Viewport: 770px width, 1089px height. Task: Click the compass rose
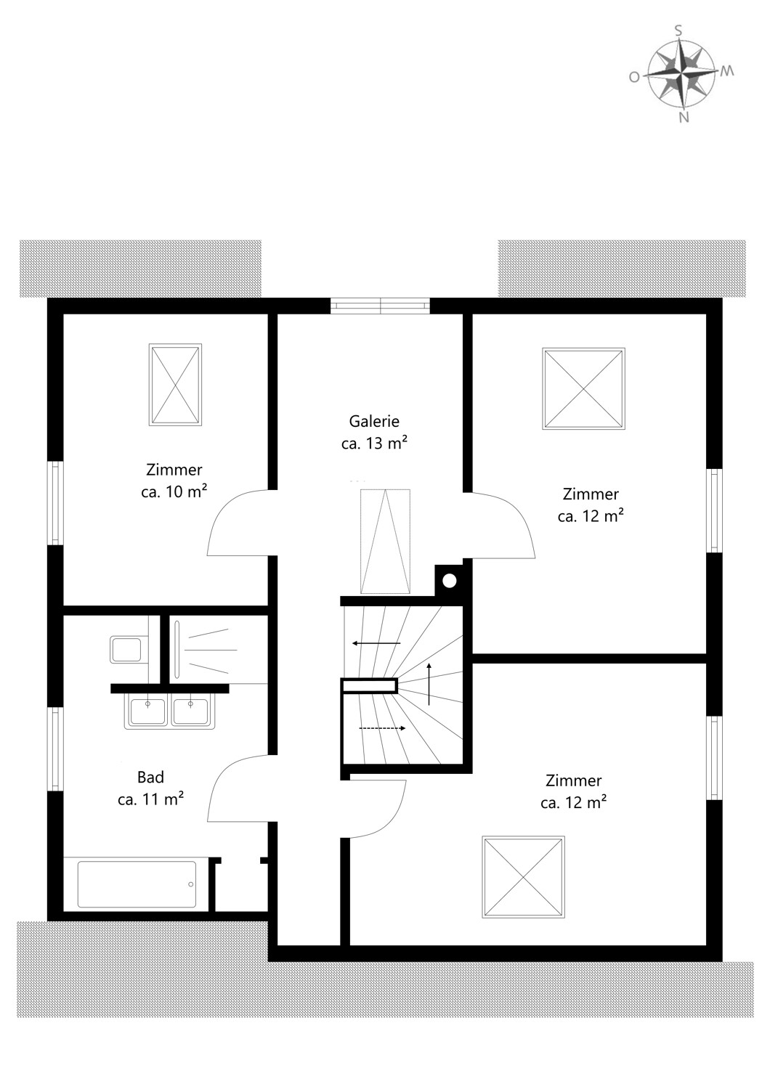coord(681,72)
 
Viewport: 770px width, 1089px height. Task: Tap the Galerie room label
coord(374,432)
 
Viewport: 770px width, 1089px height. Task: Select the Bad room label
coord(150,788)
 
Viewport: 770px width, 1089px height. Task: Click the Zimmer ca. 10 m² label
coord(174,481)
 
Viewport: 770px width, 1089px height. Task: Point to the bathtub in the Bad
coord(137,884)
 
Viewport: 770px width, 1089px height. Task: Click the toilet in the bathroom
coord(126,649)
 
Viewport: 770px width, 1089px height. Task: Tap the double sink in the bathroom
coord(169,711)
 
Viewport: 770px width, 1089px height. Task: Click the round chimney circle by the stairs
coord(449,581)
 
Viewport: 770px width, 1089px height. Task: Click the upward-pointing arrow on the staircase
coord(429,683)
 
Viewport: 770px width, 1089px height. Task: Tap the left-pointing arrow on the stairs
coord(376,643)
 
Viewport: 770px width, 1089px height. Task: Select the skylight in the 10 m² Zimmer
coord(175,385)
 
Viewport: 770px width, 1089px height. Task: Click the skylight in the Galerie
coord(385,541)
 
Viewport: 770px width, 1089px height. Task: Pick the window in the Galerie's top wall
coord(380,306)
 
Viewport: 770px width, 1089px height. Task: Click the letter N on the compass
coord(683,117)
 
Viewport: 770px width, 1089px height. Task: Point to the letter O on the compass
coord(634,77)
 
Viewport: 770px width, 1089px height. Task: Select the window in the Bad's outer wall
coord(55,749)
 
